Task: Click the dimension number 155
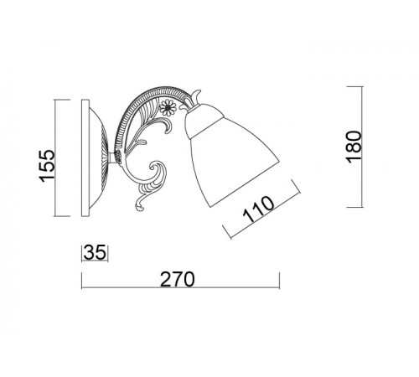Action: [x=46, y=166]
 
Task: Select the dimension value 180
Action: [x=354, y=147]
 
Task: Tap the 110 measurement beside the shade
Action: [x=258, y=209]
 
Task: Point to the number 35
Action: [x=95, y=252]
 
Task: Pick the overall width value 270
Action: [x=177, y=279]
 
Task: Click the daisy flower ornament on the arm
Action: [x=168, y=108]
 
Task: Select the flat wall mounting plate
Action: [x=85, y=158]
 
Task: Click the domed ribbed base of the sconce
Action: [x=99, y=158]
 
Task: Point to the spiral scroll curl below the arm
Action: [x=157, y=173]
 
